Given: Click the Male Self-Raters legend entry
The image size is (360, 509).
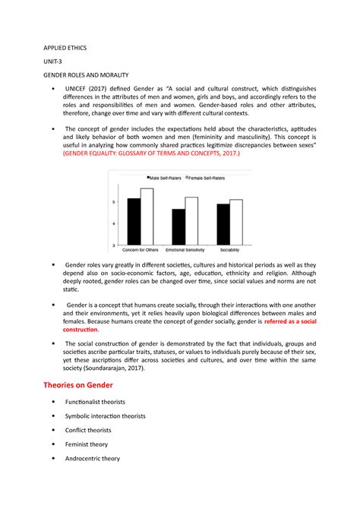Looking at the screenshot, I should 167,177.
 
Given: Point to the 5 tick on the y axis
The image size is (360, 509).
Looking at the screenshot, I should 114,201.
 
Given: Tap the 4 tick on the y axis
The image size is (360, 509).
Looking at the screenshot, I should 114,223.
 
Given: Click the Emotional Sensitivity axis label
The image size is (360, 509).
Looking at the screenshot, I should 185,250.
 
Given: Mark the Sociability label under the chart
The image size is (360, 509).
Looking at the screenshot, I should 229,250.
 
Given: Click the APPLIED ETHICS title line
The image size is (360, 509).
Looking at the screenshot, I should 64,47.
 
